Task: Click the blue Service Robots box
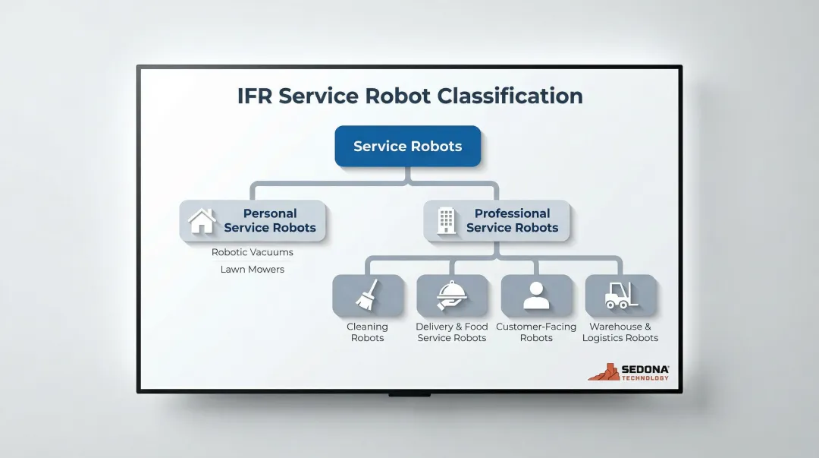(x=408, y=147)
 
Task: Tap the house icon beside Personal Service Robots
(x=202, y=221)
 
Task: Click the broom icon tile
(x=368, y=296)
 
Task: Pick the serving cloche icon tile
(x=452, y=296)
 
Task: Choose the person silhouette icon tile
(x=536, y=296)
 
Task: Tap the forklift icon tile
(x=620, y=296)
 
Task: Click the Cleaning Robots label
(x=368, y=333)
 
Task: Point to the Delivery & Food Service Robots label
(x=452, y=333)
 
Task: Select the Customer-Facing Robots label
(x=536, y=333)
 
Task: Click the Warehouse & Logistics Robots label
(x=620, y=333)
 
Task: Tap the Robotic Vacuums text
(x=253, y=252)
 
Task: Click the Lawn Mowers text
(x=253, y=270)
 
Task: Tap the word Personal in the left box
(x=270, y=214)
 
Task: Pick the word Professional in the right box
(x=513, y=214)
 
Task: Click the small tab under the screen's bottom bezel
(x=409, y=395)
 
